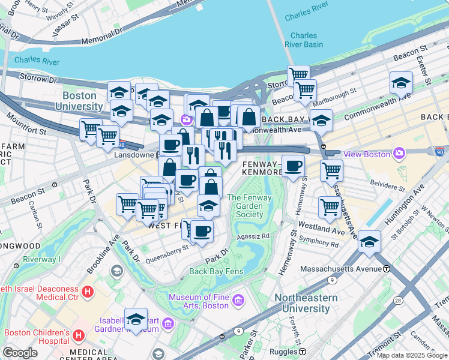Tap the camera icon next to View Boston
[x=400, y=154]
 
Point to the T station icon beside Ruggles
[x=303, y=352]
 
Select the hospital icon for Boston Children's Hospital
[x=78, y=334]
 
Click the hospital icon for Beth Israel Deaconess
[x=88, y=292]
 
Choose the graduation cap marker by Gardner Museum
[x=136, y=318]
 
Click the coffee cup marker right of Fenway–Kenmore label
[x=293, y=165]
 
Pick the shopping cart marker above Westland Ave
[x=330, y=207]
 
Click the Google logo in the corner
[x=20, y=353]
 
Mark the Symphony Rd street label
[x=319, y=244]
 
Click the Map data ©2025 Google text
[x=411, y=355]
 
